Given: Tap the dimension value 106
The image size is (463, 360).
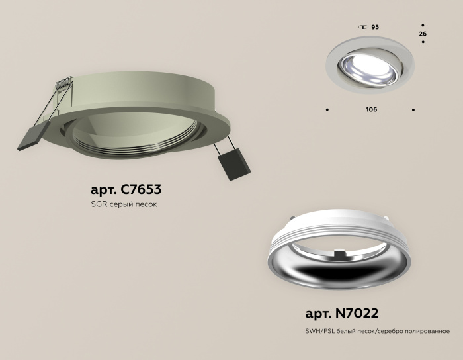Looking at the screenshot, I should click(x=371, y=109).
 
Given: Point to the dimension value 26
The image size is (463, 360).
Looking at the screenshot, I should click(x=423, y=33).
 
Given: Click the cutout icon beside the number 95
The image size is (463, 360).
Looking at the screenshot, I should click(x=362, y=27).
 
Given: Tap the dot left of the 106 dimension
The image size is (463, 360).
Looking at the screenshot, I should click(x=327, y=109).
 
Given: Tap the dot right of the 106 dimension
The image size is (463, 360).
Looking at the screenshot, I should click(x=413, y=109).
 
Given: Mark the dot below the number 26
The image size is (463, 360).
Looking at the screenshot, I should click(x=423, y=43).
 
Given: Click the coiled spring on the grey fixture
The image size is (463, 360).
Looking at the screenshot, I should click(x=63, y=84).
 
